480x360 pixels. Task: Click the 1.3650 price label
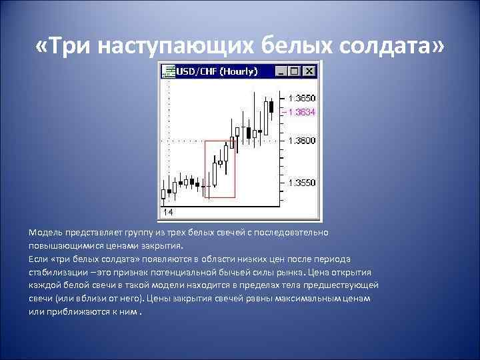pyautogui.click(x=301, y=98)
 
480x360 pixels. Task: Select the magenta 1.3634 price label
pyautogui.click(x=301, y=112)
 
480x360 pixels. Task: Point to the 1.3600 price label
pyautogui.click(x=301, y=141)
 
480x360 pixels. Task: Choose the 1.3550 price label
pyautogui.click(x=301, y=182)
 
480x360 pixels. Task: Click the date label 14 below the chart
pyautogui.click(x=167, y=212)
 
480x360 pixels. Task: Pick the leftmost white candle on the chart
pyautogui.click(x=163, y=193)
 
